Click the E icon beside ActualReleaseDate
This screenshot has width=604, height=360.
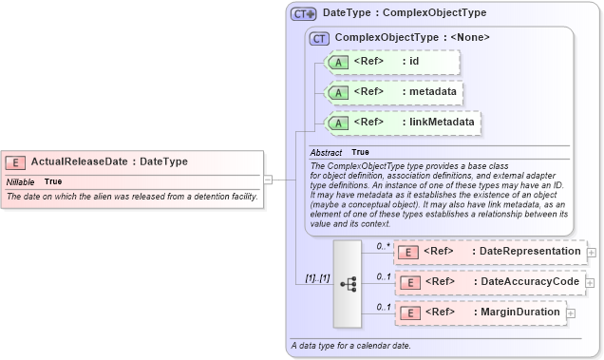[16, 161]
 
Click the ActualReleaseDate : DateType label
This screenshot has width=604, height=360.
[109, 161]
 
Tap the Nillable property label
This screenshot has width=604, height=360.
[20, 180]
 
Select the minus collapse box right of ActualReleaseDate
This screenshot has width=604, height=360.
[268, 178]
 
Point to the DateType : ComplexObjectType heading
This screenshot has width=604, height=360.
[405, 13]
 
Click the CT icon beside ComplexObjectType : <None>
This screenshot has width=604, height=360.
[319, 38]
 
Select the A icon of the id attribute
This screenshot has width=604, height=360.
[338, 63]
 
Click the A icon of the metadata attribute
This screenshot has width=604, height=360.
[338, 92]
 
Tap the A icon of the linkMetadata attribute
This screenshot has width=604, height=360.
[338, 123]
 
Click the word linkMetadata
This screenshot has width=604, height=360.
[441, 123]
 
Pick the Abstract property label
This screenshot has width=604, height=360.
[327, 152]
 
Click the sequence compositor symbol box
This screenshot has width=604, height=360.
[348, 282]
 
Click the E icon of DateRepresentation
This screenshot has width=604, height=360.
[407, 252]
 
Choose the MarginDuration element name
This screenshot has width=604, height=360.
[517, 313]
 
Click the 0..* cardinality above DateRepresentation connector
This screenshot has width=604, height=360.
[384, 245]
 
